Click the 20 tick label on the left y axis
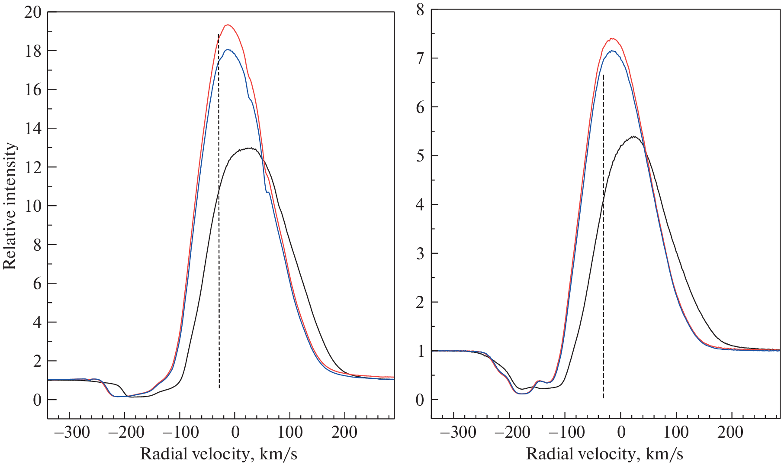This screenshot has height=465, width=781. tap(33, 12)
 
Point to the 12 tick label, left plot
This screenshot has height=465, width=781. tap(33, 167)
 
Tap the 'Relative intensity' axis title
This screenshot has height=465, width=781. tap(10, 206)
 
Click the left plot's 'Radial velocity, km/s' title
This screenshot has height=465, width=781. tap(219, 454)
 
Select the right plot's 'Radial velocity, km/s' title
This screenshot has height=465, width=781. tap(604, 454)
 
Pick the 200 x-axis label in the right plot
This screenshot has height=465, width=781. tap(730, 432)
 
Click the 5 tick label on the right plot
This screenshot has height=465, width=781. tap(420, 156)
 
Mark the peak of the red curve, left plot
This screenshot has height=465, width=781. tap(228, 25)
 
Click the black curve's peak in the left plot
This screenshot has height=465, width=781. tap(249, 148)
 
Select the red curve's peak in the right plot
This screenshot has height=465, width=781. tap(612, 39)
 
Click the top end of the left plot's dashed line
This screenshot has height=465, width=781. tap(218, 35)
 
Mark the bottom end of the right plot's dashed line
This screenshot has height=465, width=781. tap(603, 397)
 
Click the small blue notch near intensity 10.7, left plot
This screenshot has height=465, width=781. tap(268, 192)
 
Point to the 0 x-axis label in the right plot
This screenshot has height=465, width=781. tap(620, 432)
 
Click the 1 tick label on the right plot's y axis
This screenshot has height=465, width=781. tap(420, 351)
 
